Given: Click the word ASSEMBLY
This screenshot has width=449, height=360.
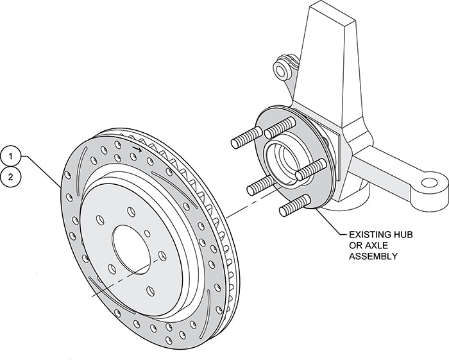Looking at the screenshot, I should point(373,257).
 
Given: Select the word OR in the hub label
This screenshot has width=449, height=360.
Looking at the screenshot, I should point(355,246).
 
